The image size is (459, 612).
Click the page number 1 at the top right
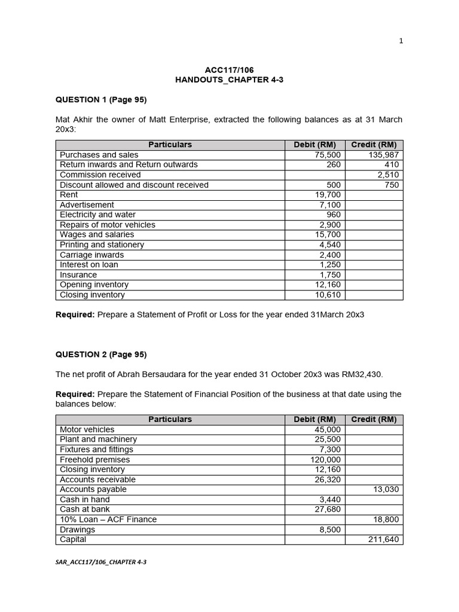(x=400, y=41)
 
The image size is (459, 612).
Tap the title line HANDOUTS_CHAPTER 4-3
(x=229, y=80)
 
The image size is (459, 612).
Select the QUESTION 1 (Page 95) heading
(x=101, y=99)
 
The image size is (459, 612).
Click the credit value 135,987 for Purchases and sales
(x=383, y=155)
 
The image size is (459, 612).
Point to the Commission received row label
(x=100, y=175)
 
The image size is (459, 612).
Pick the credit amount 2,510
(x=388, y=175)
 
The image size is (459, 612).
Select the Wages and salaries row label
(x=97, y=235)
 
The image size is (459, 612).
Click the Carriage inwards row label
(x=92, y=255)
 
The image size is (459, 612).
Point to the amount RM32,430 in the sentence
(x=356, y=374)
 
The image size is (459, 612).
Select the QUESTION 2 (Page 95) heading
(x=101, y=354)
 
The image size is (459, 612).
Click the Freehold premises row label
(x=94, y=460)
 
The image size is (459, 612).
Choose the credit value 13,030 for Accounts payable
(x=385, y=489)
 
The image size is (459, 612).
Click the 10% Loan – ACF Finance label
(x=108, y=519)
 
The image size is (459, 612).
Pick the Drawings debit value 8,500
(x=330, y=530)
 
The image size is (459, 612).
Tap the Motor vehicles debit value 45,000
(x=328, y=430)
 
